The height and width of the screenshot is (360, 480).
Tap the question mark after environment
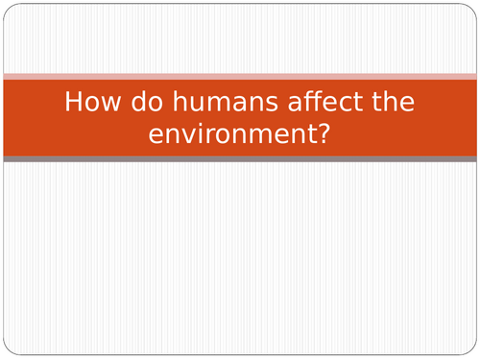[324, 133]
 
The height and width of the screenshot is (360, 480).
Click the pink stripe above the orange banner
[240, 76]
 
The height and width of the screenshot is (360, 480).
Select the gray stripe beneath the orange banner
[240, 158]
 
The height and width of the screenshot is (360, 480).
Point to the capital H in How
[71, 103]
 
